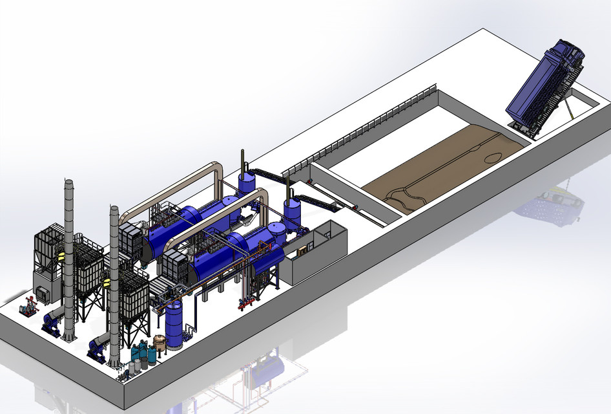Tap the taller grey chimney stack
[x=68, y=259]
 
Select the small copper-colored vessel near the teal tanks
[x=159, y=343]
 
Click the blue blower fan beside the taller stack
[x=53, y=320]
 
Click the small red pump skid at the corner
[x=28, y=307]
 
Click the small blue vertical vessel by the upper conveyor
[x=246, y=182]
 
